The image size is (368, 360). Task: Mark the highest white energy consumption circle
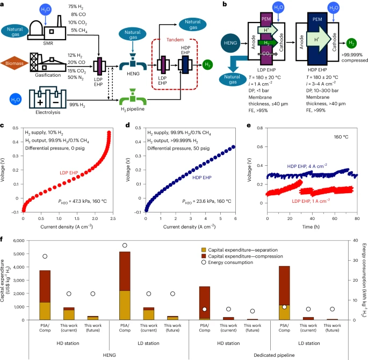pos(125,246)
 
